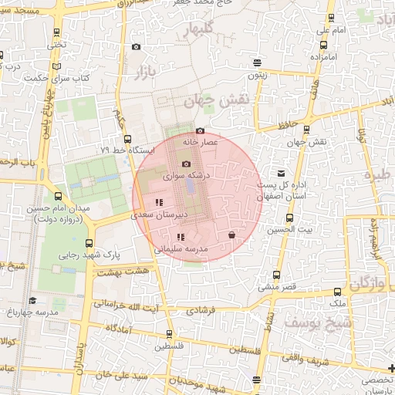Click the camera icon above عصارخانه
(x=201, y=131)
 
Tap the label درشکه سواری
(x=185, y=176)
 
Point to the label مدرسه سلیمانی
(x=182, y=249)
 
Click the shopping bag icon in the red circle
(x=231, y=235)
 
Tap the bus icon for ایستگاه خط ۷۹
(x=127, y=139)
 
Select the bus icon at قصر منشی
(x=277, y=275)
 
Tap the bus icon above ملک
(x=337, y=292)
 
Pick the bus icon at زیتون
(x=256, y=64)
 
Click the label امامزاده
(x=326, y=57)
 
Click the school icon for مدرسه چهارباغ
(x=32, y=300)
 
